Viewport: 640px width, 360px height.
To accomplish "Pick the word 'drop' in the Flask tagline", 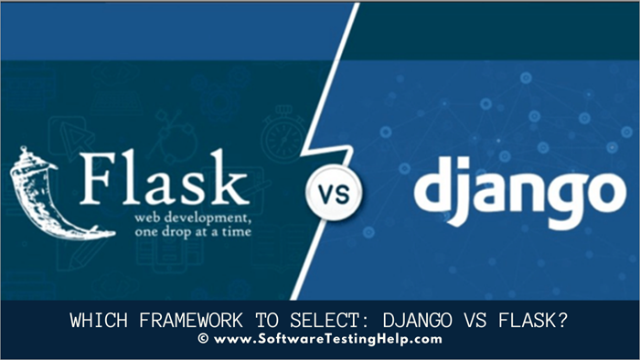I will click(179, 234).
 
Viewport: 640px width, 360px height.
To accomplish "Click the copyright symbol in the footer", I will click(202, 339).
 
